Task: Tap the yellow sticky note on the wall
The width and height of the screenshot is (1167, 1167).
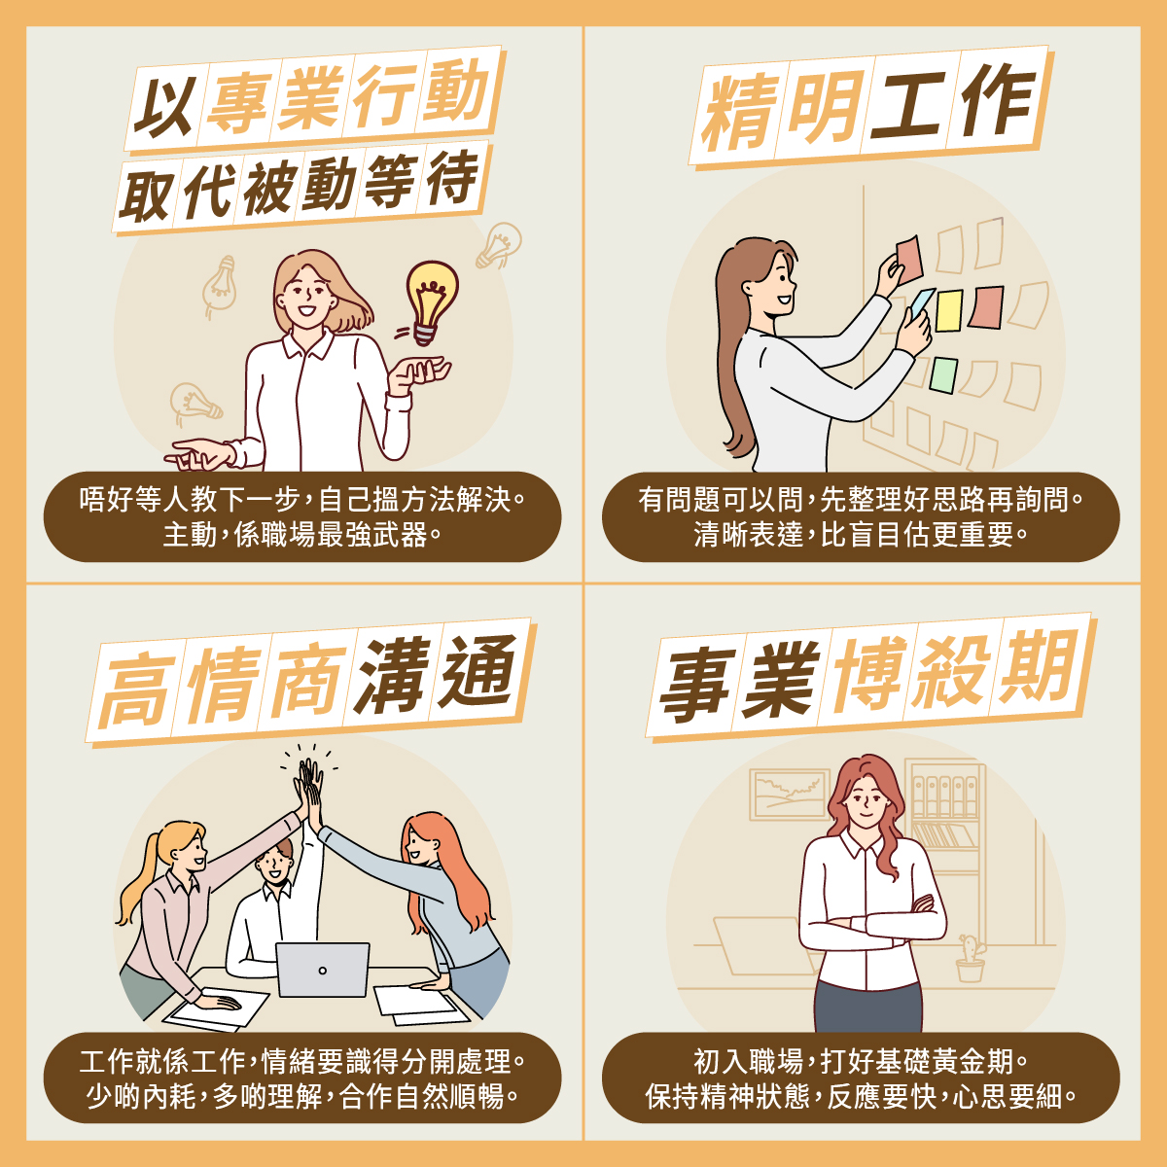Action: pos(949,310)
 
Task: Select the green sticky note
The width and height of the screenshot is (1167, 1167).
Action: pos(943,374)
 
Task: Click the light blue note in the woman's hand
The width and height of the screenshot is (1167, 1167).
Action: pos(922,302)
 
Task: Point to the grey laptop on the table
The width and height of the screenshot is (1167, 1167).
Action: pos(322,969)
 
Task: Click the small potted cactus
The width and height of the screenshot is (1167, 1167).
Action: pos(971,958)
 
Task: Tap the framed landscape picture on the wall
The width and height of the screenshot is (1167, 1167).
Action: pos(789,795)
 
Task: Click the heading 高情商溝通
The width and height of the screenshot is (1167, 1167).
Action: pos(310,681)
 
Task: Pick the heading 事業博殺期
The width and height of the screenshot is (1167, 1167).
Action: pos(870,677)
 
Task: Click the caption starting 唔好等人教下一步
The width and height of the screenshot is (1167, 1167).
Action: pos(301,516)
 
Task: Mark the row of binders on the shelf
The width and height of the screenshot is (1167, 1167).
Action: pos(943,796)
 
